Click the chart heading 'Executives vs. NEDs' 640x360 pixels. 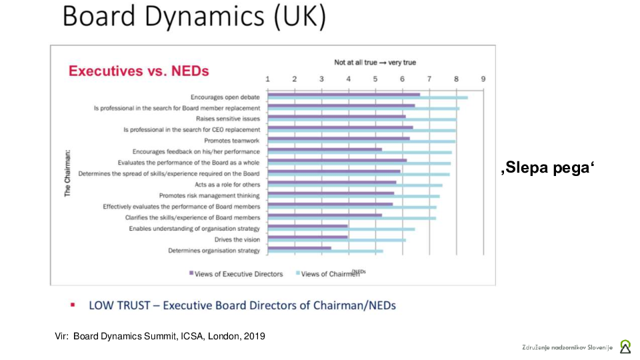139,71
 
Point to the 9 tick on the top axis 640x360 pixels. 483,79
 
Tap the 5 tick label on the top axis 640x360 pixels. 375,79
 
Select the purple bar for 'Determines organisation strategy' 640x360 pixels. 299,248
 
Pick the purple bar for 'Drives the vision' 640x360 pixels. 307,237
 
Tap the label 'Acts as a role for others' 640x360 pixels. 227,184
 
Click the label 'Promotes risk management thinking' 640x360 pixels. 209,195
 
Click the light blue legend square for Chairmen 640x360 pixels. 297,273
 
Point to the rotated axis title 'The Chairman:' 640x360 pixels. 67,173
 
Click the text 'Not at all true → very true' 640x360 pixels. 375,62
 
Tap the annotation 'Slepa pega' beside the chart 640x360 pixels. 547,168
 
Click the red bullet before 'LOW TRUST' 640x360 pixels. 73,305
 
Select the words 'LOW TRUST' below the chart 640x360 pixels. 121,305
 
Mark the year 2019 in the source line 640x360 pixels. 254,336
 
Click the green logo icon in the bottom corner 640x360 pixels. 625,346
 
